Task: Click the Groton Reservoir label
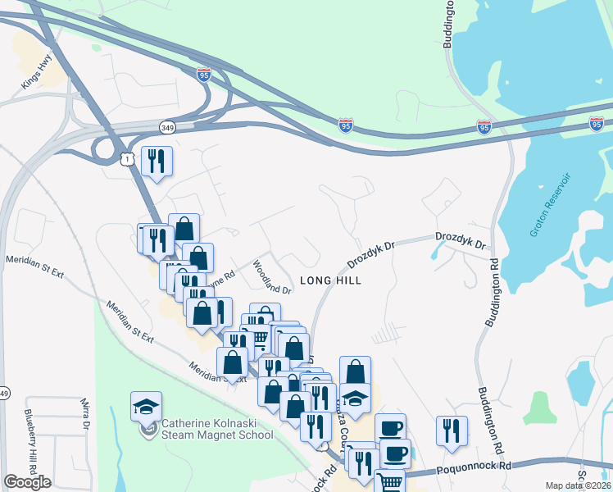(x=549, y=205)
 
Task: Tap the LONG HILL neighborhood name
(x=330, y=280)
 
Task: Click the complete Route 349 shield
(x=167, y=127)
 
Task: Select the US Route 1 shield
(x=127, y=159)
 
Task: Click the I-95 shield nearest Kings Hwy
(x=203, y=75)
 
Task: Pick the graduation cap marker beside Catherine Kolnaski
(x=146, y=406)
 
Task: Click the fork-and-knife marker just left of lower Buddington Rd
(x=451, y=430)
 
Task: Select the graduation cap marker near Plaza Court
(x=355, y=399)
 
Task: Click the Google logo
(x=27, y=482)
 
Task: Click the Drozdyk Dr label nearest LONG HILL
(x=370, y=253)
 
